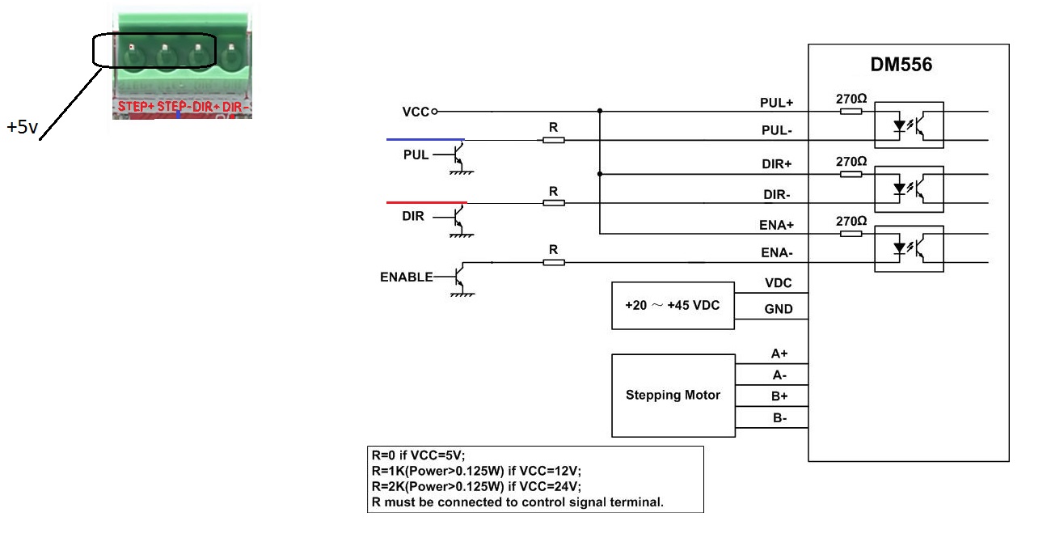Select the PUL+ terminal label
776,104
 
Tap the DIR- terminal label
776,195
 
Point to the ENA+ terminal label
776,226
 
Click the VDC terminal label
778,283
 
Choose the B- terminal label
779,419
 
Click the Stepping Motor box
673,396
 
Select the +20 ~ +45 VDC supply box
673,306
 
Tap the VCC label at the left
416,112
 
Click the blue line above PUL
425,139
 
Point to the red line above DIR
426,201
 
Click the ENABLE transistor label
406,277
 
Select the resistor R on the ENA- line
553,262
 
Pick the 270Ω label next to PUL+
851,100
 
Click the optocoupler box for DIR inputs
910,188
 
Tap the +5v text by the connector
23,128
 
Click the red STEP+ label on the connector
136,107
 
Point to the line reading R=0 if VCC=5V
418,455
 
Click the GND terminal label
779,309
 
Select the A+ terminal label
779,354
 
